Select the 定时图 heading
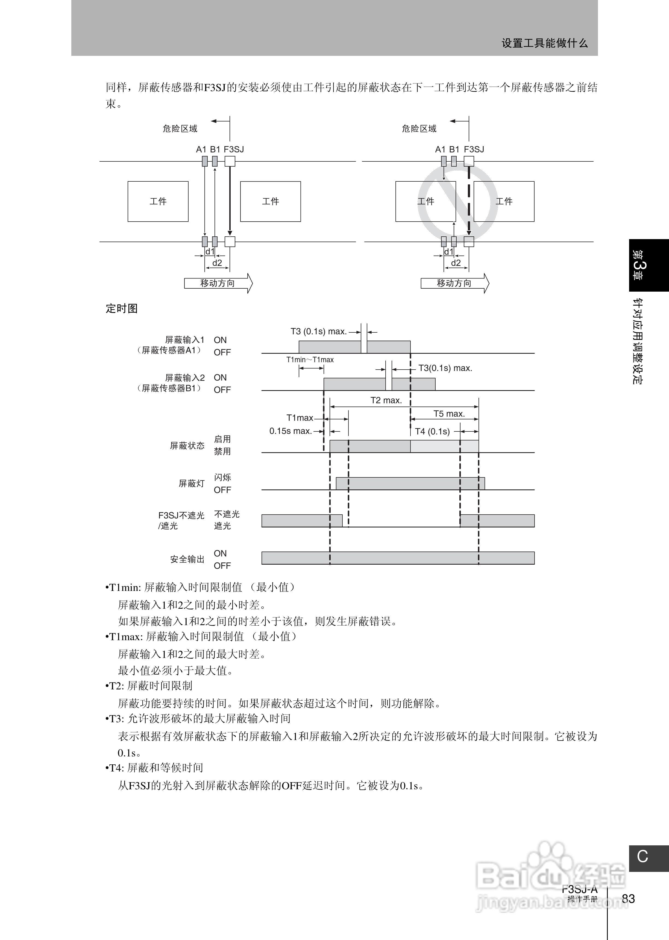tap(122, 308)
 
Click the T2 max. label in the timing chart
tap(386, 400)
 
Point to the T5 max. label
tap(449, 414)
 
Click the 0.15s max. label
tap(291, 431)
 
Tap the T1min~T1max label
tap(310, 359)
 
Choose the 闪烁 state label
tap(222, 477)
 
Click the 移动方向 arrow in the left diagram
tap(218, 283)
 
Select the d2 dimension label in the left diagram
tap(217, 263)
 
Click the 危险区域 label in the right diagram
tap(419, 129)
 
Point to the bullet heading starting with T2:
tap(149, 686)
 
